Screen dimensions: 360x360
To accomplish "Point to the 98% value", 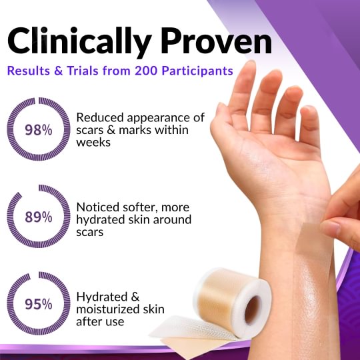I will point(38,130).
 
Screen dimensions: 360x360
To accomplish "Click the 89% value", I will point(38,217).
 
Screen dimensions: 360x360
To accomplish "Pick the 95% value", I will point(38,304).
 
